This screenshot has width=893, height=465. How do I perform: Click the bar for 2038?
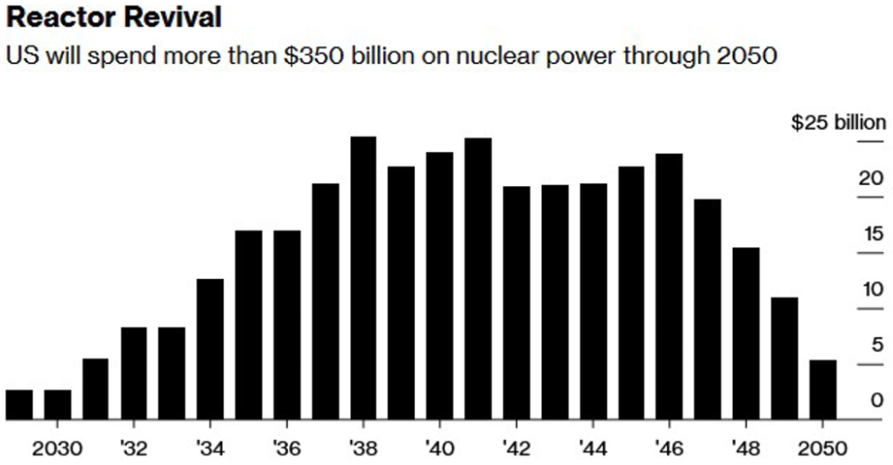click(x=363, y=278)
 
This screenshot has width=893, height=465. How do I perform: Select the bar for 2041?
click(x=478, y=279)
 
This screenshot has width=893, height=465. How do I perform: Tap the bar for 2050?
click(x=823, y=390)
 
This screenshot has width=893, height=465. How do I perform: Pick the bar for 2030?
click(x=57, y=405)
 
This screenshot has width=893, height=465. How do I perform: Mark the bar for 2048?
click(x=746, y=333)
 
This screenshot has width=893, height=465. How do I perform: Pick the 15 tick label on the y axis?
click(x=870, y=233)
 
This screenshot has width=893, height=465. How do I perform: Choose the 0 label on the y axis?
click(x=875, y=401)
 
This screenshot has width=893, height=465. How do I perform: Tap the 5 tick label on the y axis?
click(x=875, y=346)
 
